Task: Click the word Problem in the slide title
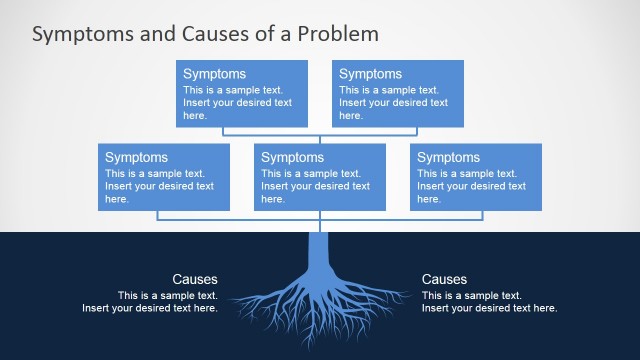343,33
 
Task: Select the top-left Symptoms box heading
214,74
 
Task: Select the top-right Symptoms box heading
370,74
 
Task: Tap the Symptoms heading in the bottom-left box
136,157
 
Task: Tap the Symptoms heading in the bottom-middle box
292,157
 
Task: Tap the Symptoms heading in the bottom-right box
448,157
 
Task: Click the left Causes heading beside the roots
194,280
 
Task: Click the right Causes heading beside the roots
444,280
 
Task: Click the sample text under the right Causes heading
490,302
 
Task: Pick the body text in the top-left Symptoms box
237,102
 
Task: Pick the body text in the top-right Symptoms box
393,102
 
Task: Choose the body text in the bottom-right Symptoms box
471,185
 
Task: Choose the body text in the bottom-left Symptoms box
159,185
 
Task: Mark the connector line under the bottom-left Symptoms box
158,215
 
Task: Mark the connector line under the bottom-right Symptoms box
482,215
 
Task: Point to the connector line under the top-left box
223,131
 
